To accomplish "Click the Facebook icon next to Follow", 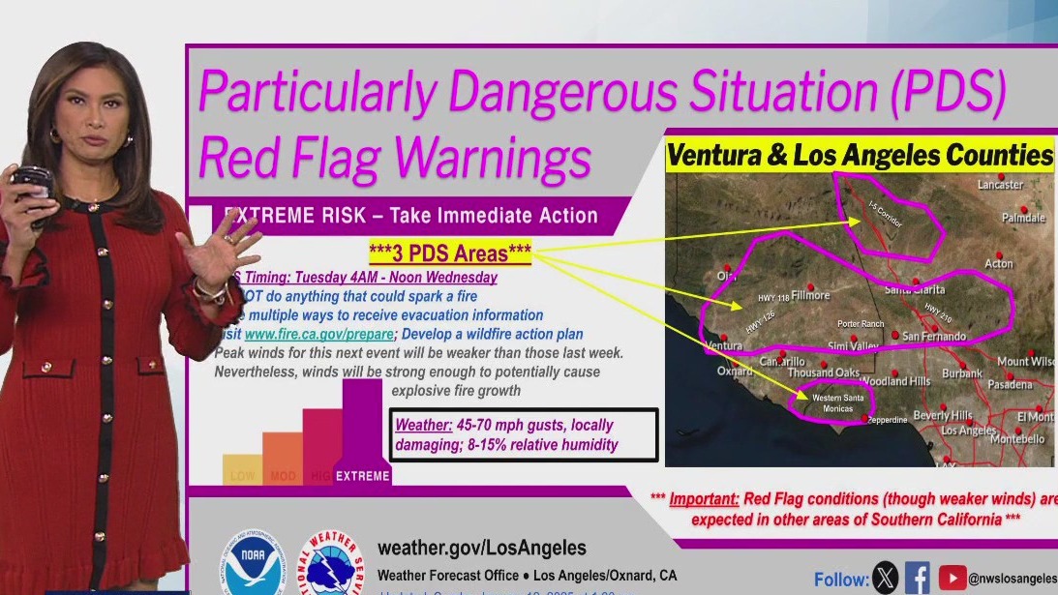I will [x=917, y=578].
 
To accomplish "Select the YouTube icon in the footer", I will [x=952, y=578].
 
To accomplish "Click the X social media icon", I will [x=885, y=578].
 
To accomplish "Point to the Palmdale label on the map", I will [x=1023, y=218].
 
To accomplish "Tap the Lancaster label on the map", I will [x=1000, y=184].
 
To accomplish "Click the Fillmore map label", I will [x=810, y=295].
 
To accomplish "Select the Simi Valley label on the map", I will [x=853, y=345].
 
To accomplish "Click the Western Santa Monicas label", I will [x=839, y=402].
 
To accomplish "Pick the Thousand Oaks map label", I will [x=823, y=372].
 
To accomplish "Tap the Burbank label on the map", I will [x=962, y=372].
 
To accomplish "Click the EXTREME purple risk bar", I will [x=362, y=435].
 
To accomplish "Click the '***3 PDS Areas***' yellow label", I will [x=450, y=253].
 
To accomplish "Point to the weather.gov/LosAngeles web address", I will [x=481, y=549].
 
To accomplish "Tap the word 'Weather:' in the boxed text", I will [x=423, y=425].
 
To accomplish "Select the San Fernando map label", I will [x=934, y=336].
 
